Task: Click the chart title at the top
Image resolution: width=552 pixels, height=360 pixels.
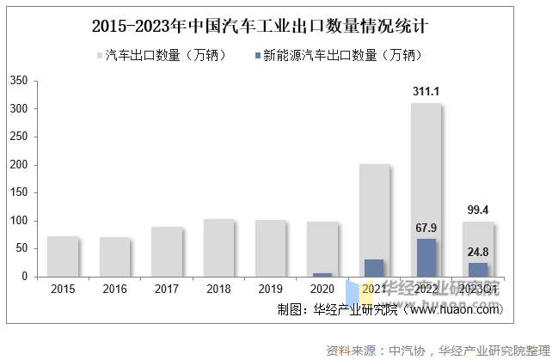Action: click(x=260, y=25)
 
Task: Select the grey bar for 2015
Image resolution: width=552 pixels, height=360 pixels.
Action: click(x=63, y=256)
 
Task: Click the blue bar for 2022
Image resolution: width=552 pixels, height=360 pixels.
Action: click(x=426, y=258)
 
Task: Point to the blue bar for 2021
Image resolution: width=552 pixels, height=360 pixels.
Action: click(x=374, y=268)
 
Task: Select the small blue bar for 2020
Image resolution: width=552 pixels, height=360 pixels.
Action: click(x=322, y=274)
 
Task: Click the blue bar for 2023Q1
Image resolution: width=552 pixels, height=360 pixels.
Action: click(x=478, y=270)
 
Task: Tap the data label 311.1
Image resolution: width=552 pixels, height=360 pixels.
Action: click(x=426, y=91)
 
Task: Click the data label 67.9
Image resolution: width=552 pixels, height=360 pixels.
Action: click(x=426, y=229)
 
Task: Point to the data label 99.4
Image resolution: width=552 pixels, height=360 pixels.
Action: click(x=478, y=210)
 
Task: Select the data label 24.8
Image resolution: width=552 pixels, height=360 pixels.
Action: click(x=478, y=253)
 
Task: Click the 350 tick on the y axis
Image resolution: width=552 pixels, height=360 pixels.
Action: click(x=19, y=81)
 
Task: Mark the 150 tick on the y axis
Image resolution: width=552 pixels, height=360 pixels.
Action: click(x=19, y=193)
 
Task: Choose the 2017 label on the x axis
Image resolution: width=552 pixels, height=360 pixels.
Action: click(x=166, y=290)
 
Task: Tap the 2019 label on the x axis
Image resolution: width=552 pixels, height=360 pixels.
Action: click(x=270, y=290)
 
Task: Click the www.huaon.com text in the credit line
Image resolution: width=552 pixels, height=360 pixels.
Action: click(x=457, y=309)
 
